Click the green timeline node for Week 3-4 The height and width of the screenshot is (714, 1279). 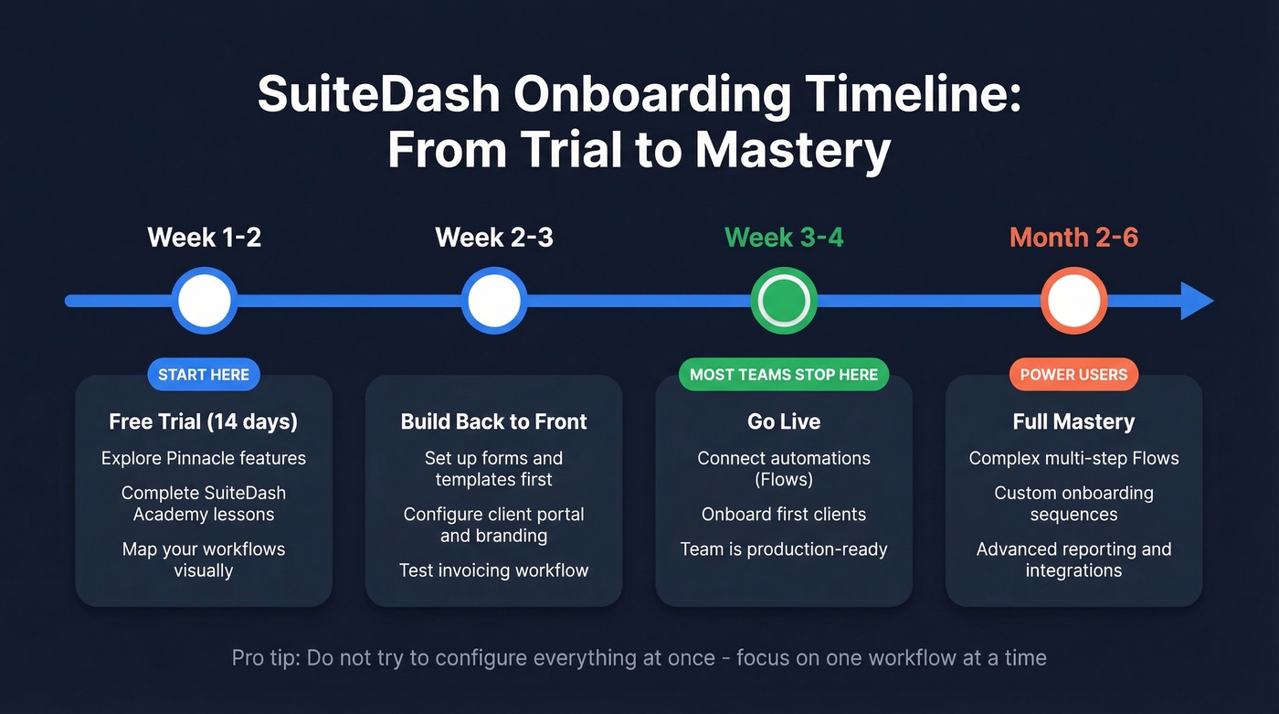click(x=784, y=301)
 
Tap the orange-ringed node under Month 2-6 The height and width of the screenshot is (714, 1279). click(x=1073, y=301)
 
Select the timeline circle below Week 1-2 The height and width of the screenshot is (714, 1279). click(x=205, y=301)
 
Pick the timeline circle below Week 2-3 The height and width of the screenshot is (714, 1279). click(x=494, y=301)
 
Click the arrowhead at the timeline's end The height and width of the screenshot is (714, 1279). click(x=1197, y=301)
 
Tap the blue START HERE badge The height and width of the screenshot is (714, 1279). click(x=204, y=375)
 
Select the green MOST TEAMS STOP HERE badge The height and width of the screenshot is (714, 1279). click(x=784, y=375)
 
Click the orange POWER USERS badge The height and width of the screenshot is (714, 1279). click(x=1073, y=375)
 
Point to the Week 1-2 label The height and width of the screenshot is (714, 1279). click(x=205, y=238)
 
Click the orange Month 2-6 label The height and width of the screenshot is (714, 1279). click(x=1073, y=238)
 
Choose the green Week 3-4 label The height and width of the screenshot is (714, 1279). click(x=784, y=238)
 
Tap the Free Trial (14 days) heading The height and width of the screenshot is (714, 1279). click(x=204, y=421)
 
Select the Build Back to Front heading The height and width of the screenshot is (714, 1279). click(x=494, y=421)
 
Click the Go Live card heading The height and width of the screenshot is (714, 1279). click(x=784, y=421)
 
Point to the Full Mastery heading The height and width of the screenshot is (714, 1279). click(x=1073, y=421)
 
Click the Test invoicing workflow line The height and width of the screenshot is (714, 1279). click(x=494, y=570)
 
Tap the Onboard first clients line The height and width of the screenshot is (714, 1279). click(x=784, y=514)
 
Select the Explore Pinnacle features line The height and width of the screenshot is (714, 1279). click(x=204, y=458)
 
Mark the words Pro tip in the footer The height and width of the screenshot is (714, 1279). click(x=264, y=657)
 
